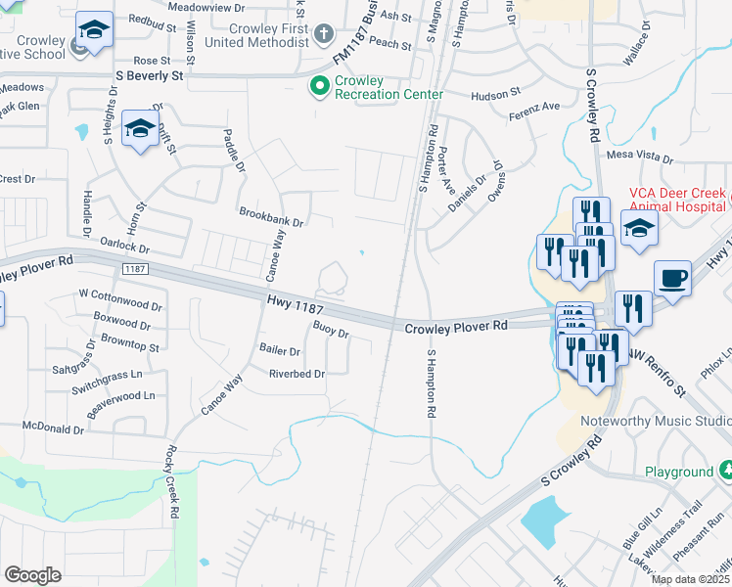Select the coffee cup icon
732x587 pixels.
[x=672, y=279]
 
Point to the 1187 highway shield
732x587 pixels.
[x=135, y=267]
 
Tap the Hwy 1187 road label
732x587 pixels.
[x=289, y=307]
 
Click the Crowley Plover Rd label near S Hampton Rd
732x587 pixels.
[x=457, y=326]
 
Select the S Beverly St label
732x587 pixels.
[x=149, y=74]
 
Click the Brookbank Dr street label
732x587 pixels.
[x=271, y=216]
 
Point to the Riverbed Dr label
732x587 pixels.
[x=297, y=374]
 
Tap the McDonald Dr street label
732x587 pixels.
[x=54, y=429]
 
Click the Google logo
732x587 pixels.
[x=32, y=575]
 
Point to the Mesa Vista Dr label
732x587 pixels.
[x=641, y=156]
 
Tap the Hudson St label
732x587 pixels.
[x=495, y=94]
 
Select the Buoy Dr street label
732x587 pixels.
[x=331, y=330]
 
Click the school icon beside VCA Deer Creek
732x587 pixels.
[x=639, y=231]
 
